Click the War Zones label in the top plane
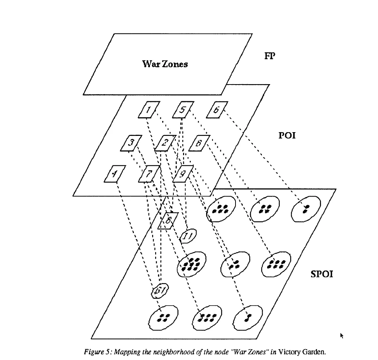(x=165, y=64)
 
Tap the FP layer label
(x=269, y=56)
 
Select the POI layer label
(x=287, y=135)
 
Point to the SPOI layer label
(x=321, y=274)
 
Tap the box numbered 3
(x=131, y=143)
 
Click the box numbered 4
(x=114, y=174)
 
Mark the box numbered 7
(x=149, y=174)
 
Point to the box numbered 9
(x=183, y=173)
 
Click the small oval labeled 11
(x=188, y=236)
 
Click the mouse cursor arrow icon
(x=342, y=336)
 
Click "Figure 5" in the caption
(x=97, y=352)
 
